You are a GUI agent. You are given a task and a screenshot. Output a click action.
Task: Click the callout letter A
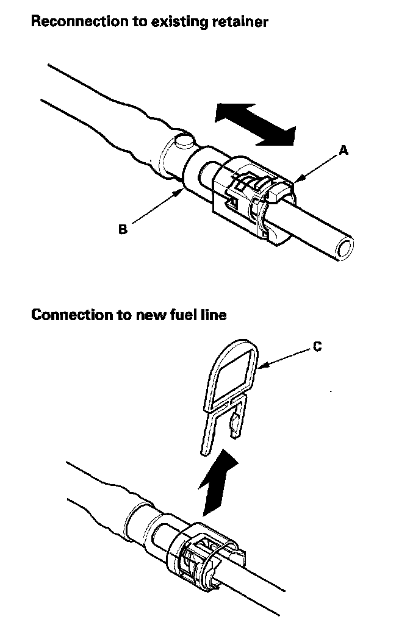(343, 151)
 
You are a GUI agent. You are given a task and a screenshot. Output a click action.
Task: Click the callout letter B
(123, 230)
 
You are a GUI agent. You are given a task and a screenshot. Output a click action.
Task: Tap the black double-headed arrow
(256, 124)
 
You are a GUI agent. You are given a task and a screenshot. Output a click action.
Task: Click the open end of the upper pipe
(345, 249)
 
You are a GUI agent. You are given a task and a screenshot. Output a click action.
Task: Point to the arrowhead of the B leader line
(182, 191)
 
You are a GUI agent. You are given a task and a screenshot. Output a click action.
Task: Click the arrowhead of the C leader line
(259, 368)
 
